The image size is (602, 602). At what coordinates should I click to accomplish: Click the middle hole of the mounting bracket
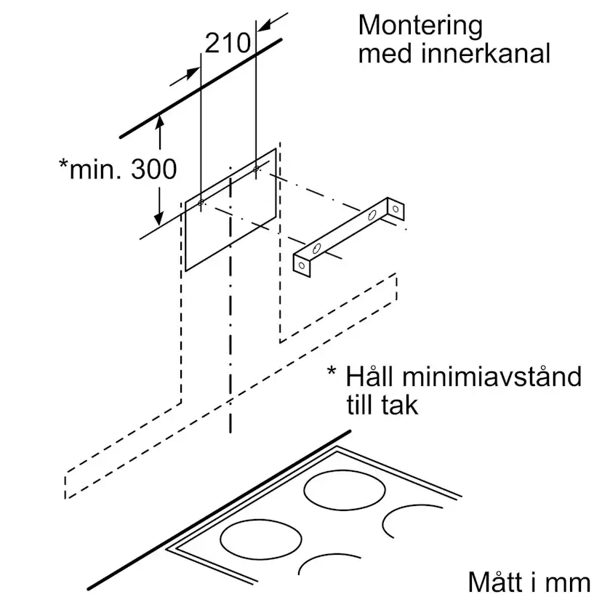(x=372, y=216)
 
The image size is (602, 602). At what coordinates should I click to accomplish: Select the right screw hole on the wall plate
(x=256, y=169)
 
